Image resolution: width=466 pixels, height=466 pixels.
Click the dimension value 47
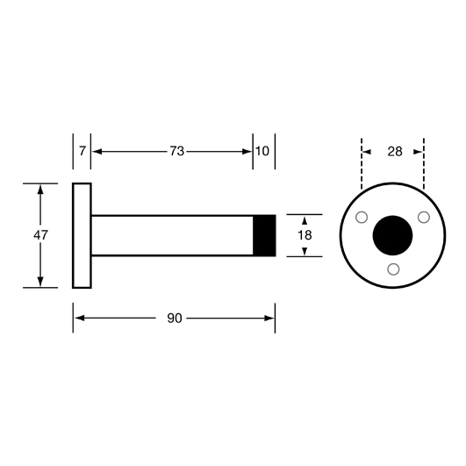tap(40, 235)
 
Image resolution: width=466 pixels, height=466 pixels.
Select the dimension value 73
tap(177, 151)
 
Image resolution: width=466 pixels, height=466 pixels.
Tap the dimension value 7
tap(82, 151)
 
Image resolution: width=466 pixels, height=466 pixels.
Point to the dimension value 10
tap(262, 151)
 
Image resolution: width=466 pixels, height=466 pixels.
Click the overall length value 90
tap(175, 319)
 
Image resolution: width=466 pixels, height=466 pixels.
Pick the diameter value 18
tap(305, 235)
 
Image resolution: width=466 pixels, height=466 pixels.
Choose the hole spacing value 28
tap(395, 152)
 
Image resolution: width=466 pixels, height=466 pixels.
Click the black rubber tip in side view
tap(264, 235)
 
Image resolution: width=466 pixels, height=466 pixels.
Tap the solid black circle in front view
tap(392, 235)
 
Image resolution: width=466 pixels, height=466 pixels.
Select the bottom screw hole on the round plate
tap(393, 269)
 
